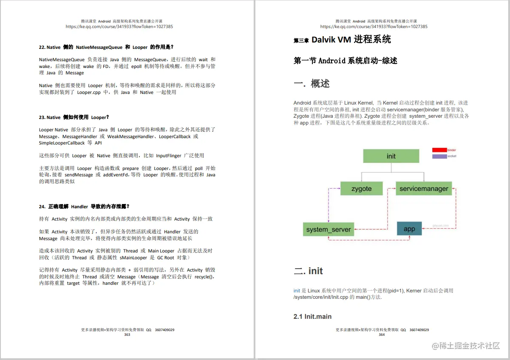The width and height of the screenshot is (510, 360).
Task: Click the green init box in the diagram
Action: click(391, 156)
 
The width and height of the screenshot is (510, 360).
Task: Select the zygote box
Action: click(362, 188)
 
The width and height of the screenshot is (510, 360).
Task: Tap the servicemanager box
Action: click(424, 188)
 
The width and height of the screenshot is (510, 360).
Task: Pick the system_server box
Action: click(329, 230)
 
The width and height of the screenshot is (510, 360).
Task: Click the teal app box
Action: click(409, 229)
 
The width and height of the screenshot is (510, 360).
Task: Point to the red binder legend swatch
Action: click(439, 150)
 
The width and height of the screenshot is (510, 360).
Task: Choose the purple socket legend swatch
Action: click(439, 156)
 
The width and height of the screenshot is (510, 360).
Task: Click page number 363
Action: click(127, 334)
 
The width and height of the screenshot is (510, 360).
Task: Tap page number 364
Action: click(382, 334)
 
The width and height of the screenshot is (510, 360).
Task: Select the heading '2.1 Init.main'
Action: click(312, 317)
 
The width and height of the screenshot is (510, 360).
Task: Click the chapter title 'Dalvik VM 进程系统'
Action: click(351, 40)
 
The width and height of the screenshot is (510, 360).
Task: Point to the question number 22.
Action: click(42, 47)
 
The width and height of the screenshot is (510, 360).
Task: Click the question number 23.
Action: click(42, 117)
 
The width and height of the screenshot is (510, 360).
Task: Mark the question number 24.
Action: click(42, 207)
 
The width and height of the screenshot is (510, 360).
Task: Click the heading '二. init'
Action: click(308, 271)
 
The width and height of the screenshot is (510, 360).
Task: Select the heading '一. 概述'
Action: click(312, 84)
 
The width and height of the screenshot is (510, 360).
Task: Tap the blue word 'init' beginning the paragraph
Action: click(297, 291)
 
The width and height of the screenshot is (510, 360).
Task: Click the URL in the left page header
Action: click(119, 26)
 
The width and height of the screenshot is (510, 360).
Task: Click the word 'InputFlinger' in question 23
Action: click(170, 156)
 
